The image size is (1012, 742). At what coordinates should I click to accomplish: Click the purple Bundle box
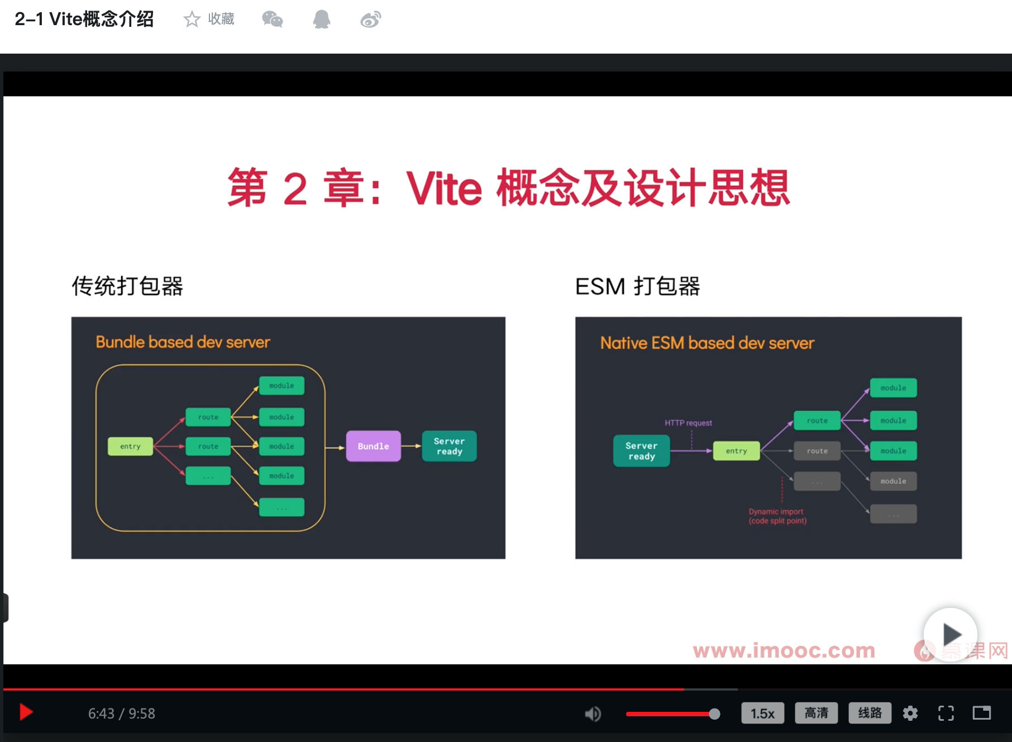pos(373,446)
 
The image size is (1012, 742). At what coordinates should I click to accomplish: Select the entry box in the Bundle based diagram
pos(130,446)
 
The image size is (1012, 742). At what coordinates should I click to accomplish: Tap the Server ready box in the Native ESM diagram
pos(641,451)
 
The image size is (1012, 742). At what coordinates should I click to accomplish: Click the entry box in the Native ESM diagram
pos(736,451)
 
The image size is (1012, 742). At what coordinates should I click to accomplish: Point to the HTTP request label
pos(688,423)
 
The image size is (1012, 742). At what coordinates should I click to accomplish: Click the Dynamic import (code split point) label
pos(777,516)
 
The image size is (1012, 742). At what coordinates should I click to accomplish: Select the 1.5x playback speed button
pos(762,714)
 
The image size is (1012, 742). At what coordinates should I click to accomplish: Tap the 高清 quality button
pos(816,713)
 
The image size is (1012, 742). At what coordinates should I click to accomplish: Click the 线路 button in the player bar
pos(870,713)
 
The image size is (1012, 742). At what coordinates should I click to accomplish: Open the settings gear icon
pos(910,714)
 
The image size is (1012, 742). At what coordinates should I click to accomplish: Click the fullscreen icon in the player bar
pos(946,714)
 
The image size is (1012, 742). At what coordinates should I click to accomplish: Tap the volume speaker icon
pos(593,714)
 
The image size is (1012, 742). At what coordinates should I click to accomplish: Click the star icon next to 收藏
pos(192,20)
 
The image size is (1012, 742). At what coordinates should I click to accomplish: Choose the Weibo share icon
pos(370,20)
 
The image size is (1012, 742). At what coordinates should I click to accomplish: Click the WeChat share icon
pos(273,20)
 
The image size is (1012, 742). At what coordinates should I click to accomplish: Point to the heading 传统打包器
pos(127,286)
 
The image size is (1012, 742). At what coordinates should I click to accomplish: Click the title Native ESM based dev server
pos(707,343)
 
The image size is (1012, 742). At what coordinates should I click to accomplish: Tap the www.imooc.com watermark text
pos(784,650)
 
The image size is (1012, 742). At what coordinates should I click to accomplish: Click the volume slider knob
pos(714,714)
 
